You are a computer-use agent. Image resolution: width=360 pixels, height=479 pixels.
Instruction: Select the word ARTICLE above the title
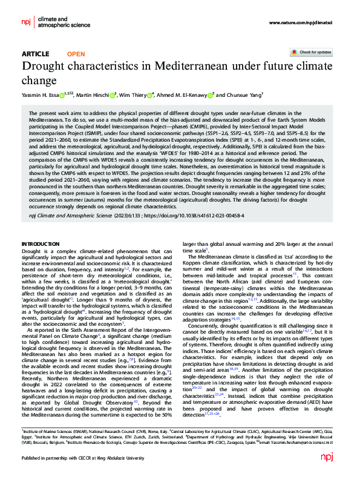(35, 54)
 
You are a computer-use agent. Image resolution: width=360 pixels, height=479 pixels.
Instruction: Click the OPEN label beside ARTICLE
(76, 54)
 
